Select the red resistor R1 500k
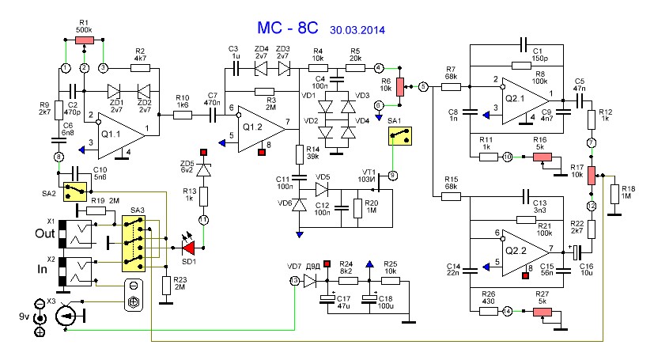[85, 39]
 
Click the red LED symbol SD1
[184, 248]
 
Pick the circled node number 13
[295, 281]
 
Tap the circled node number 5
[423, 86]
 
